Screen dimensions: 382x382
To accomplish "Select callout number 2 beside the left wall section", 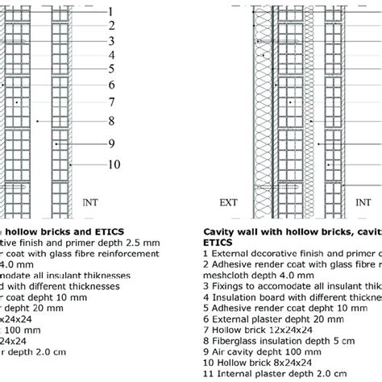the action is [111, 26].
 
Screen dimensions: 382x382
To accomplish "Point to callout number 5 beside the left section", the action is [111, 69].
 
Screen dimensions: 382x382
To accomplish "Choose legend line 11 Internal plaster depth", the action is [278, 376].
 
